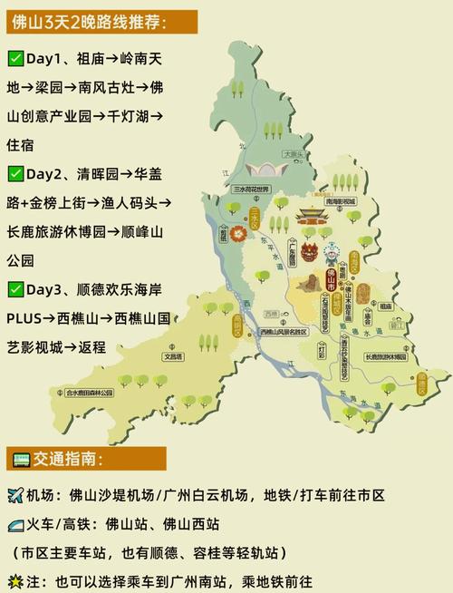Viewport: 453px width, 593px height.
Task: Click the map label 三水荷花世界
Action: (x=251, y=190)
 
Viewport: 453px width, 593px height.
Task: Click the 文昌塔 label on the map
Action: (x=174, y=356)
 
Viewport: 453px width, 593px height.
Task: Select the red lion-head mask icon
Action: (x=310, y=249)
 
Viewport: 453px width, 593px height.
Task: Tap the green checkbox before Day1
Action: (x=14, y=58)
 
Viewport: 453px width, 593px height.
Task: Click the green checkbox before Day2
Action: (x=14, y=173)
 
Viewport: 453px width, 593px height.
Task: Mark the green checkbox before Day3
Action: (x=14, y=289)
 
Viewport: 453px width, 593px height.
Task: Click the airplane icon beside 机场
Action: (x=15, y=495)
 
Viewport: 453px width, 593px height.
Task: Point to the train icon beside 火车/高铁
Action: (x=15, y=524)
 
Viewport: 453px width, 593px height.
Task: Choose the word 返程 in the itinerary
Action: (x=92, y=346)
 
